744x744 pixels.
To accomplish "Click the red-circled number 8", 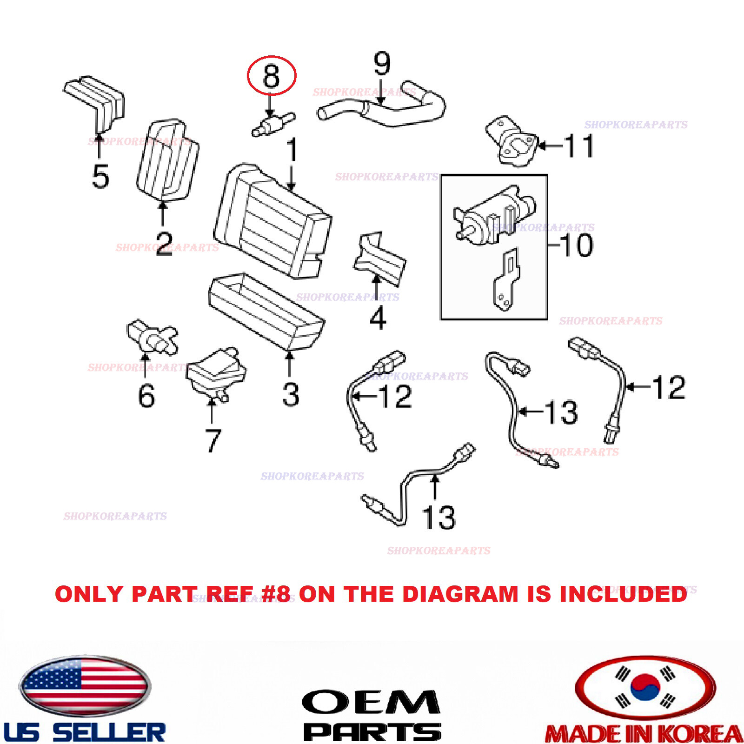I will tap(272, 75).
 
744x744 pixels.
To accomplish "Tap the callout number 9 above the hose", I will tap(382, 64).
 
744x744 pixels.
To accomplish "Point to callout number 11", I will tap(579, 146).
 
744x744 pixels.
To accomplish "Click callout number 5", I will tap(100, 176).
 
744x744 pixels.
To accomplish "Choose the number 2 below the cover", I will tap(164, 243).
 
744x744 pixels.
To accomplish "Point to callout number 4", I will tap(378, 318).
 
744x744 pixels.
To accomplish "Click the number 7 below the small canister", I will tap(213, 440).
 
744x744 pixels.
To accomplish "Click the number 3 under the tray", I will tap(290, 394).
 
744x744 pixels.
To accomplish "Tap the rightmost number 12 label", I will tap(668, 387).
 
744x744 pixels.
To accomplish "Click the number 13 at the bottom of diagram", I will tap(438, 517).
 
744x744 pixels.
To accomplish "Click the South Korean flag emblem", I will tap(645, 687).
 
